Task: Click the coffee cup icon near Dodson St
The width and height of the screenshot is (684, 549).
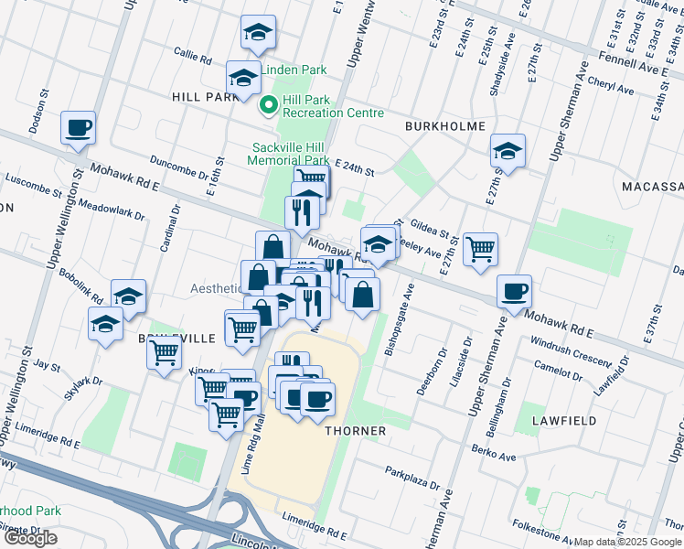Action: tap(78, 128)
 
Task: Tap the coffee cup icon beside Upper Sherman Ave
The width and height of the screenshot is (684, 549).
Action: tap(515, 291)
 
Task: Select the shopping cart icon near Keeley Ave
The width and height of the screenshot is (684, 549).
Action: tap(480, 248)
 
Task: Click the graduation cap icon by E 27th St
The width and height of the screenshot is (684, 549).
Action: tap(508, 150)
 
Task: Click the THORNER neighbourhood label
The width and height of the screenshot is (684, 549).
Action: tap(353, 430)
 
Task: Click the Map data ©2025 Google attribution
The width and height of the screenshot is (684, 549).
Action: tap(627, 542)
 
